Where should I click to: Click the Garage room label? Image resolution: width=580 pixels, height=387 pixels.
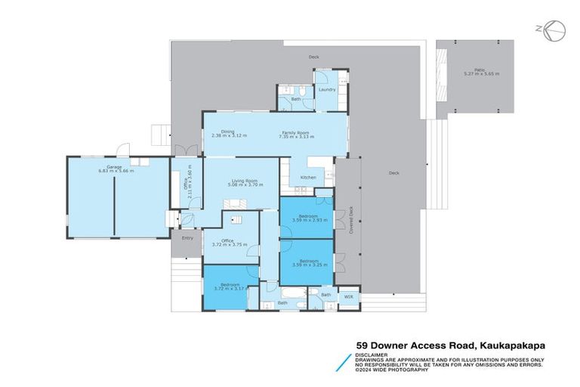114,167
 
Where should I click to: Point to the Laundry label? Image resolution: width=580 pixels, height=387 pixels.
326,90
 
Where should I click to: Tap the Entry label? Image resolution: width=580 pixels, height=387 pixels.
187,238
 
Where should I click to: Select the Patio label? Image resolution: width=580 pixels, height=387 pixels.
480,69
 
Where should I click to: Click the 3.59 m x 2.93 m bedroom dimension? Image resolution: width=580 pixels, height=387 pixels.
307,220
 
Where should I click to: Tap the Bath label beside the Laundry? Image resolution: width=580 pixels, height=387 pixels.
297,99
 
